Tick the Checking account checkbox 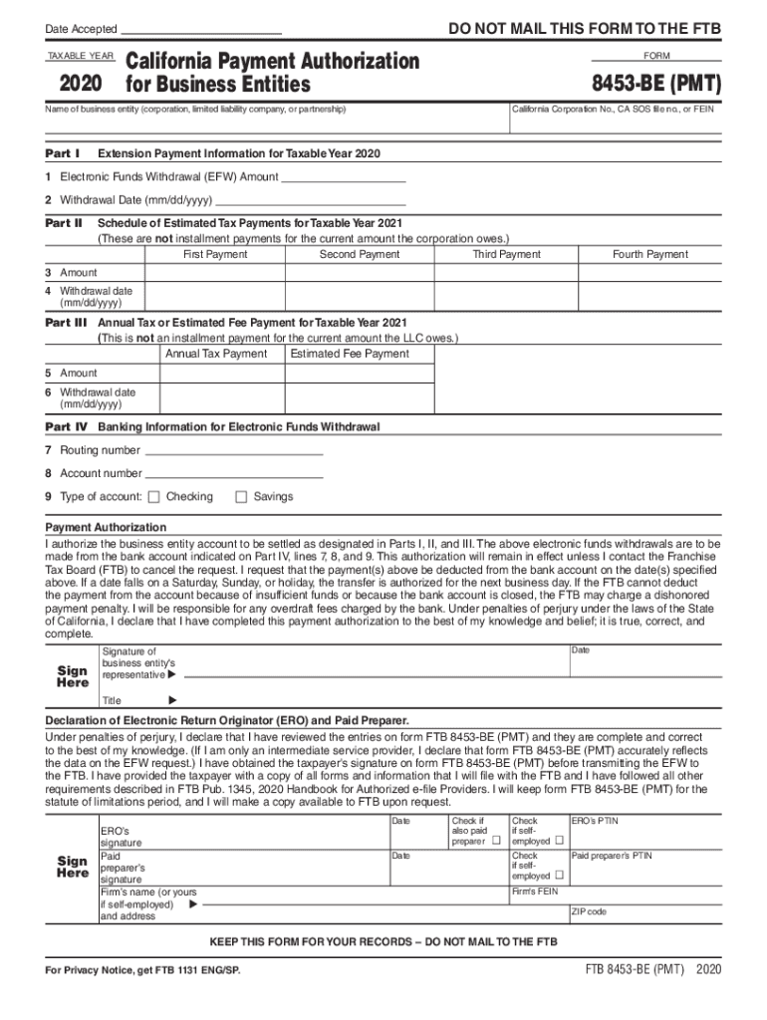[153, 497]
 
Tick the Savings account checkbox [240, 497]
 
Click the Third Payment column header [506, 255]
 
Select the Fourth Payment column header [649, 255]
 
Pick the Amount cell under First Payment [215, 273]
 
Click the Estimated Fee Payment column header [349, 355]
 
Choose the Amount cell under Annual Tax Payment [215, 374]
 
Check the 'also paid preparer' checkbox [496, 842]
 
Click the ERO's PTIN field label [596, 821]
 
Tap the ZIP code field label [588, 911]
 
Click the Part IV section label [67, 426]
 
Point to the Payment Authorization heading [107, 527]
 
